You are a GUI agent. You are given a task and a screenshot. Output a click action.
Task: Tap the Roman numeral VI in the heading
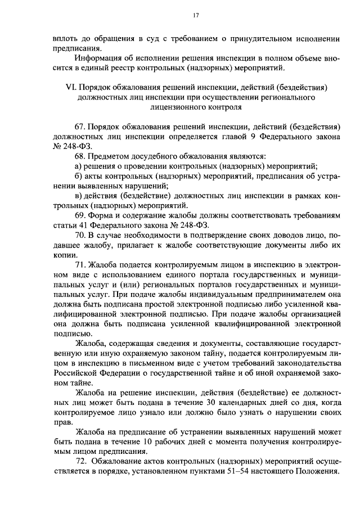[x=71, y=88]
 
